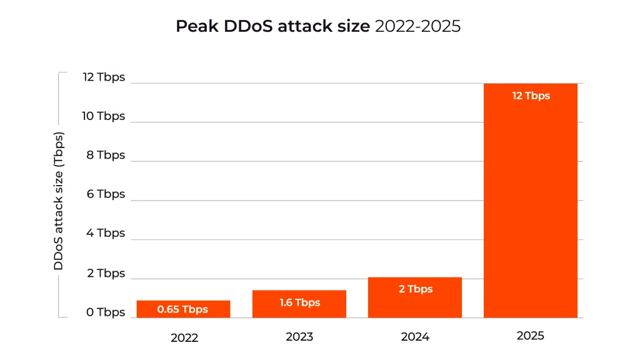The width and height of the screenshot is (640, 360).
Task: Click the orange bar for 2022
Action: pyautogui.click(x=183, y=309)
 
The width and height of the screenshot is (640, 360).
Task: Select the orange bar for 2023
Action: pyautogui.click(x=299, y=304)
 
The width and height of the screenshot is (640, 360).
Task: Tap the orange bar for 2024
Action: pyautogui.click(x=415, y=297)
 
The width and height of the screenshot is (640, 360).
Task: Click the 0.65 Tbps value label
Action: pyautogui.click(x=182, y=309)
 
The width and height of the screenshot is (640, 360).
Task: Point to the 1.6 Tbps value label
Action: pyautogui.click(x=299, y=302)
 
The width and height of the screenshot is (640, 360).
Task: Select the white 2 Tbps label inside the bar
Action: pyautogui.click(x=415, y=289)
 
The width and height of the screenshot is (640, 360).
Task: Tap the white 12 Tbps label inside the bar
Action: pyautogui.click(x=531, y=96)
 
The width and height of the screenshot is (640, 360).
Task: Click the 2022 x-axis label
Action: pyautogui.click(x=184, y=337)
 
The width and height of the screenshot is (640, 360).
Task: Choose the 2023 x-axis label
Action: pyautogui.click(x=299, y=337)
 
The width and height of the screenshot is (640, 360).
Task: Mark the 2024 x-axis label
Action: pyautogui.click(x=415, y=337)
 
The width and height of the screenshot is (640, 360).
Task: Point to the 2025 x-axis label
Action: pyautogui.click(x=531, y=336)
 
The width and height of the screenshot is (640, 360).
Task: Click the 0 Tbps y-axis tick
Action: pyautogui.click(x=106, y=312)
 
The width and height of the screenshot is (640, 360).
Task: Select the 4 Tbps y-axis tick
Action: pyautogui.click(x=106, y=233)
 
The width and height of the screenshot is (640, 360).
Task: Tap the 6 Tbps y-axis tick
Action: pyautogui.click(x=106, y=194)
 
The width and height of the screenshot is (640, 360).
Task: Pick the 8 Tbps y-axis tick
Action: pyautogui.click(x=106, y=155)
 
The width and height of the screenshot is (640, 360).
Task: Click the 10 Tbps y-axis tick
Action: pyautogui.click(x=104, y=116)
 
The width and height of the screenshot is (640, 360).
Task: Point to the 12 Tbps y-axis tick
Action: pyautogui.click(x=104, y=77)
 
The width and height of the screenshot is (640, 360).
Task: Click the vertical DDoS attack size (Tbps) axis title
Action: pyautogui.click(x=59, y=201)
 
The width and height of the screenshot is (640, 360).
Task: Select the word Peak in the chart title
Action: pyautogui.click(x=196, y=26)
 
